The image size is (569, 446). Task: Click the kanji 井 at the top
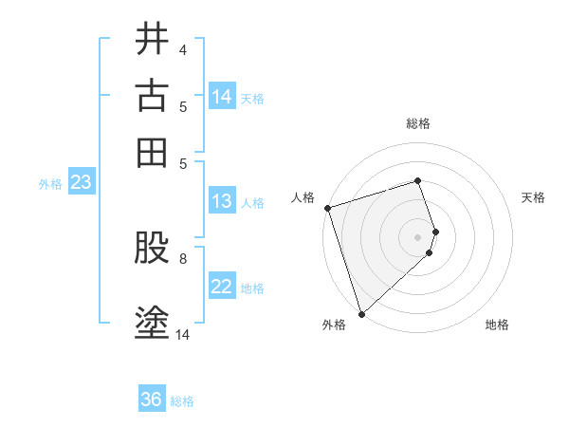pos(152,39)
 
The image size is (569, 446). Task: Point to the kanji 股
pos(152,250)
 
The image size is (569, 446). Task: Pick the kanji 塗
pos(152,323)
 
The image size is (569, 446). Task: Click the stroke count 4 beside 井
pos(182,50)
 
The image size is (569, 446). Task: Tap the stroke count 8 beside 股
pos(182,257)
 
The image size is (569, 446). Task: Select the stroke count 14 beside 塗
pos(183,334)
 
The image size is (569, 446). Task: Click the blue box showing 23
pos(81,182)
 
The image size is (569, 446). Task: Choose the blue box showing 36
pos(152,400)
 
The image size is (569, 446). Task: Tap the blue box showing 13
pos(221,200)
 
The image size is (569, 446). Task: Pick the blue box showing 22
pos(222,287)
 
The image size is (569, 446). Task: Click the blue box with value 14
pos(222,97)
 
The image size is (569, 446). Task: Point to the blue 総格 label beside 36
pos(182,401)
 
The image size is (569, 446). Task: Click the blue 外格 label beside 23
pos(50,184)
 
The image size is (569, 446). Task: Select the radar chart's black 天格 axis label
pos(533,197)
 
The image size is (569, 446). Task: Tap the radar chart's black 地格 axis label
pos(497,325)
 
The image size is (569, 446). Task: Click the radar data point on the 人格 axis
pos(327,208)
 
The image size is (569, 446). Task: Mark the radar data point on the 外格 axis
pos(361,313)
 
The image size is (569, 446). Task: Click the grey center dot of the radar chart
pos(418,236)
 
